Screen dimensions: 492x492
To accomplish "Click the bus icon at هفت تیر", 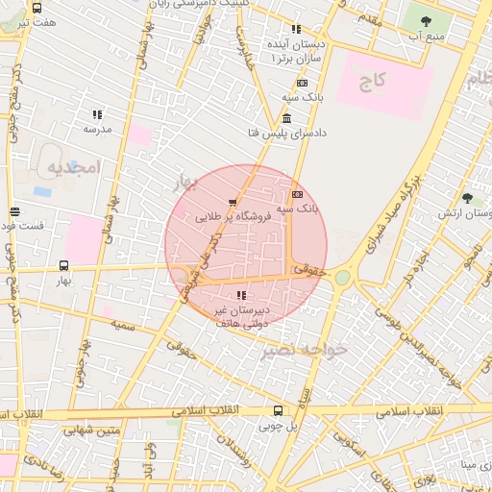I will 37,8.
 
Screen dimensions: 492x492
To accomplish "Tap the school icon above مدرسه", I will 97,114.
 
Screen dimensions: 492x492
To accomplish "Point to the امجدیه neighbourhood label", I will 73,166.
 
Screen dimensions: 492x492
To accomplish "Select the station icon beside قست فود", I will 13,212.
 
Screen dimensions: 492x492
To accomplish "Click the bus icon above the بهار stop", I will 64,264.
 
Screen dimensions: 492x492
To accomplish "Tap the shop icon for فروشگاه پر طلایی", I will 234,203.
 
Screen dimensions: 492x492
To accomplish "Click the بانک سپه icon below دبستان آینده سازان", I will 301,84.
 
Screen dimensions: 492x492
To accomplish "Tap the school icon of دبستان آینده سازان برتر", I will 295,30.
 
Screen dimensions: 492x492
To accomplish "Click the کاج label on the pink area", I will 372,84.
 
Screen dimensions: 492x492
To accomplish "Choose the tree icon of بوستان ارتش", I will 467,198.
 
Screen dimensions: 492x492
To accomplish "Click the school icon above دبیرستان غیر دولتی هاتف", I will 240,295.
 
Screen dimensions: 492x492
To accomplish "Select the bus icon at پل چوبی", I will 278,409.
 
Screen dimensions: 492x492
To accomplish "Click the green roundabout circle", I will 342,278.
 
